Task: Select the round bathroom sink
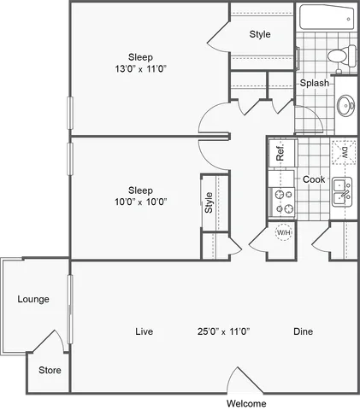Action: [x=345, y=107]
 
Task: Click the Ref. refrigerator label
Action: [x=280, y=155]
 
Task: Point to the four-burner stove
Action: [x=282, y=201]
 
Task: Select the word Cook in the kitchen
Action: [x=314, y=179]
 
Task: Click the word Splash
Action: [x=314, y=83]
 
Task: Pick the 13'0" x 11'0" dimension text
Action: [x=141, y=69]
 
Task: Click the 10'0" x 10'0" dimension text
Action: [x=141, y=202]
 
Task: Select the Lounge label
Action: [x=32, y=299]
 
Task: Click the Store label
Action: [x=50, y=371]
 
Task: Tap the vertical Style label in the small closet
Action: [x=209, y=202]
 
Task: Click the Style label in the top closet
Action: [x=260, y=34]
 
